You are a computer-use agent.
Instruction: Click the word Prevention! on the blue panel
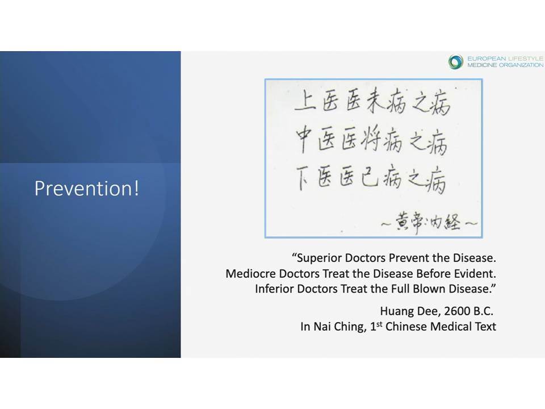coord(87,188)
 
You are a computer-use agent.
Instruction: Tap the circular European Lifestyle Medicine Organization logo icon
coord(456,62)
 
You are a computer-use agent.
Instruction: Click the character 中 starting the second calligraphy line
coord(304,140)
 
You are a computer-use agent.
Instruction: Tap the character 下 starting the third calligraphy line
coord(304,178)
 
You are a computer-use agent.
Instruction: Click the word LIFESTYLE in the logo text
coord(526,59)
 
